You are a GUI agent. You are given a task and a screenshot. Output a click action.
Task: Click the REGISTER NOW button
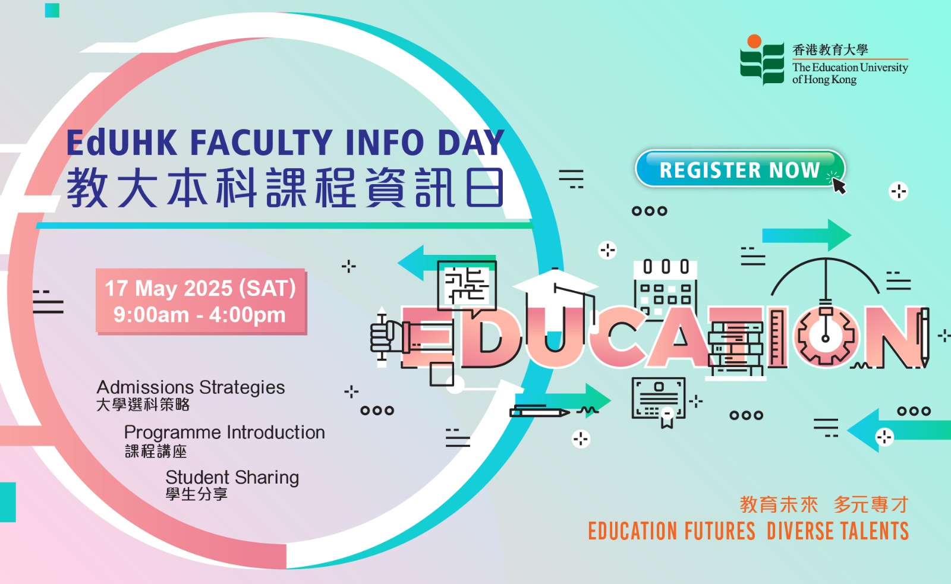(740, 169)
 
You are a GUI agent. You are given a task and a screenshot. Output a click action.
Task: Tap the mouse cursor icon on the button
(839, 186)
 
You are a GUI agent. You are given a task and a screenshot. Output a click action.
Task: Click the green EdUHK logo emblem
(761, 60)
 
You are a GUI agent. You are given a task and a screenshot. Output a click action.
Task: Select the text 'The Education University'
(850, 68)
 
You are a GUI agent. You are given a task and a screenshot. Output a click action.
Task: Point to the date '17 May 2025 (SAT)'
(200, 288)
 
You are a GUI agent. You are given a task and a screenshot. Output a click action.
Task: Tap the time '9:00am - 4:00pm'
(200, 315)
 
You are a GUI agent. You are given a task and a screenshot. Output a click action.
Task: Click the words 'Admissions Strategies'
(191, 387)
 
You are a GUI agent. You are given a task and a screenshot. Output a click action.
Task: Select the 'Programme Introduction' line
(225, 433)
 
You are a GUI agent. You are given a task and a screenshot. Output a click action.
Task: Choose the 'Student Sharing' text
(232, 478)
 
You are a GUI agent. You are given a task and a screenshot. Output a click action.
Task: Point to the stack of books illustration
(736, 348)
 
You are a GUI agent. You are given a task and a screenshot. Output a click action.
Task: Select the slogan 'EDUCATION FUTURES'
(672, 531)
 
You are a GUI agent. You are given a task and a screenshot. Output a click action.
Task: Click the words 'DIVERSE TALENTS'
(837, 531)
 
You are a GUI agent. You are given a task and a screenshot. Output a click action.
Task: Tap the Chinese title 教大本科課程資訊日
(285, 188)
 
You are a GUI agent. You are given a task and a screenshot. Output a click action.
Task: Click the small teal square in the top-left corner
(52, 10)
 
